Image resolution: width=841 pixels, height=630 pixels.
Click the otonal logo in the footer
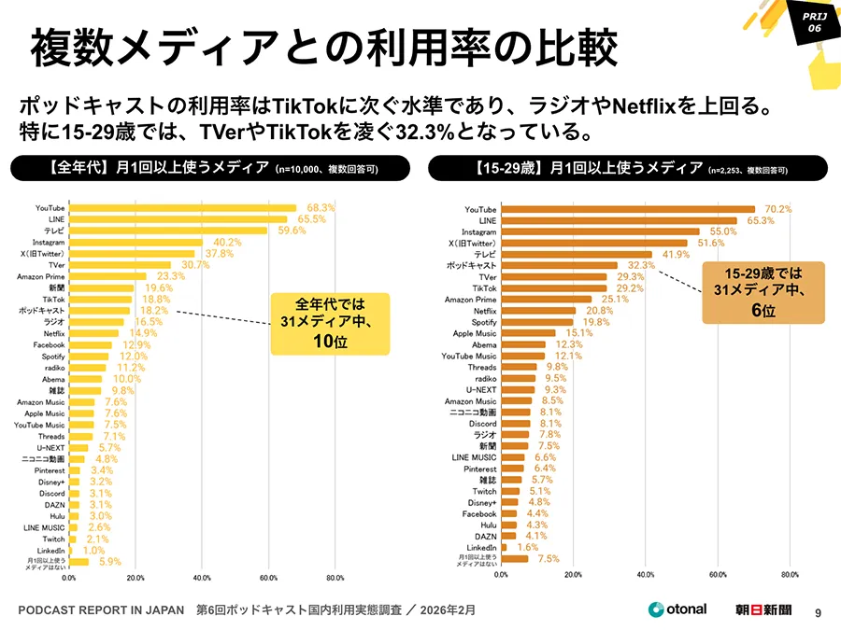[x=678, y=609]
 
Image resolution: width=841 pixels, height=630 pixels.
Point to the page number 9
[x=819, y=611]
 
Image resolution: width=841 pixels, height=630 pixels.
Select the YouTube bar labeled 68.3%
[x=183, y=207]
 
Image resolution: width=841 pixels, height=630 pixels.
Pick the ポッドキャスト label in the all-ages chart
[x=42, y=310]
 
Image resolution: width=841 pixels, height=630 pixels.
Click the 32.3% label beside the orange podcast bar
[x=640, y=266]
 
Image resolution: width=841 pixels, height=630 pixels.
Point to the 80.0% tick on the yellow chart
[x=335, y=578]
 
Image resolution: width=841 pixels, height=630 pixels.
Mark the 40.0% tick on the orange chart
[x=646, y=574]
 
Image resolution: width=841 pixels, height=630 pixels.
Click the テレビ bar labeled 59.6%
[x=168, y=230]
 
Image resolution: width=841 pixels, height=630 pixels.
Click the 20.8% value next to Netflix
[x=599, y=311]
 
